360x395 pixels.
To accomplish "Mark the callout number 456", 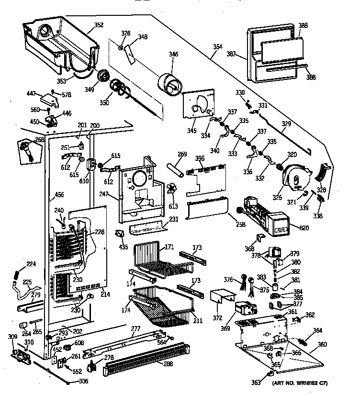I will pos(59,195).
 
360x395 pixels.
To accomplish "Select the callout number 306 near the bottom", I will pos(83,381).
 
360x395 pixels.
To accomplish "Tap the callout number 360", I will pos(322,344).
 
